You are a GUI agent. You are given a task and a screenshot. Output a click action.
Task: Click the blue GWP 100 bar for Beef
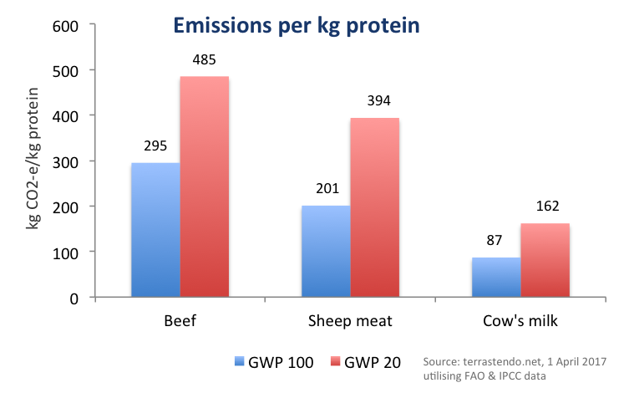point(155,230)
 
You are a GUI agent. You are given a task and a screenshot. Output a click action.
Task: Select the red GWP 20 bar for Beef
point(205,186)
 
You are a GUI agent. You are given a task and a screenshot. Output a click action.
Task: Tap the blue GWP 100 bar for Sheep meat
point(326,251)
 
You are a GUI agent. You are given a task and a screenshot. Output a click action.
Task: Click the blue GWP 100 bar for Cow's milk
point(496,277)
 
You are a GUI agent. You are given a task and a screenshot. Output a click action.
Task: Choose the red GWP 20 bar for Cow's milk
point(545,260)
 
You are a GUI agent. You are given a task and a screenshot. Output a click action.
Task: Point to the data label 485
point(205,61)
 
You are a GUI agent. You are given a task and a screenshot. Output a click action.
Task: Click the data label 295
point(155,147)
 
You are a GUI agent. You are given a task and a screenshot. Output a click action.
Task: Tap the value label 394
point(374,102)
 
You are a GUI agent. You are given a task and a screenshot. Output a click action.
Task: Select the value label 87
point(496,242)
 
